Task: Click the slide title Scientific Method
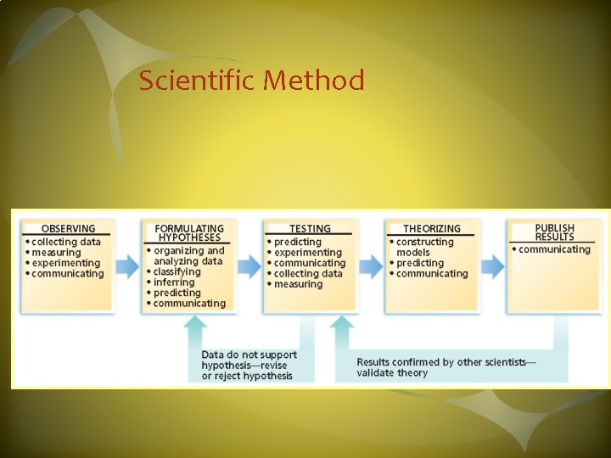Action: coord(252,81)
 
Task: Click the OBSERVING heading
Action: coord(69,228)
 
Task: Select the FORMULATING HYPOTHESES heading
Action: coord(189,233)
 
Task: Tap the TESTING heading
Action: coord(310,228)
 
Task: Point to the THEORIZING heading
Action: coord(432,228)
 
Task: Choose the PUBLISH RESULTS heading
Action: coord(554,232)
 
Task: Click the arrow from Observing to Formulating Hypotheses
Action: coord(128,266)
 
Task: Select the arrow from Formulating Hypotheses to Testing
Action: coord(249,266)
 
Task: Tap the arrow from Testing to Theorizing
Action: coord(372,266)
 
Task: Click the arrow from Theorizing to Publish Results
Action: coord(493,266)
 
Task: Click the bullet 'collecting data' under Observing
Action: coord(66,242)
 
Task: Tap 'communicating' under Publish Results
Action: coord(554,249)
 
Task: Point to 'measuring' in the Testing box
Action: coord(298,284)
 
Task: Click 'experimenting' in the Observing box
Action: coord(66,263)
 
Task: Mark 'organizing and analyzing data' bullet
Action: coord(188,256)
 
